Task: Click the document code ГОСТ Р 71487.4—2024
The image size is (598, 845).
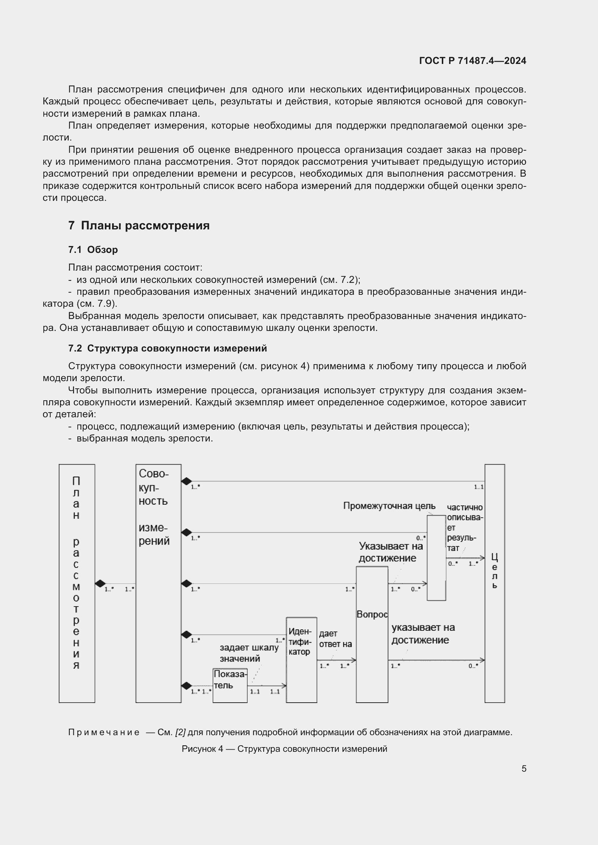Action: [473, 61]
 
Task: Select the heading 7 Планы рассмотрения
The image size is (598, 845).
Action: [139, 225]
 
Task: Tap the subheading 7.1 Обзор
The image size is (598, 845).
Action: [93, 250]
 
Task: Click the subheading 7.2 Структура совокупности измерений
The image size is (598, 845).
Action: [167, 348]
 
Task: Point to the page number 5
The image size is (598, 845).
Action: [524, 768]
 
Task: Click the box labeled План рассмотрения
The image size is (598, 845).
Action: [77, 583]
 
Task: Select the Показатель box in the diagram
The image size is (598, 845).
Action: [230, 685]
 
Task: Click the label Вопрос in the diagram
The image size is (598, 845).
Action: [372, 615]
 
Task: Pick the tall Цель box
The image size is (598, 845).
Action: [494, 583]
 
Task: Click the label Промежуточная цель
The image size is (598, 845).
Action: [389, 506]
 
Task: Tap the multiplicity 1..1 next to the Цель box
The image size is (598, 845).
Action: [478, 487]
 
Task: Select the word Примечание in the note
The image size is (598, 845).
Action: [104, 732]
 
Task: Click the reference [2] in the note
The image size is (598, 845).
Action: [180, 732]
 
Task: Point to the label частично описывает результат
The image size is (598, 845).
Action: [464, 527]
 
